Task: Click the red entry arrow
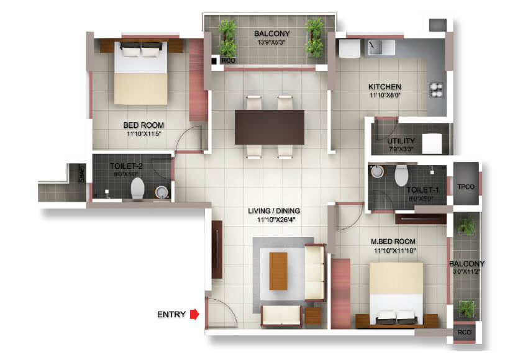(x=194, y=314)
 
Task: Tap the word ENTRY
(x=171, y=315)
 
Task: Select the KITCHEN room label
(x=385, y=87)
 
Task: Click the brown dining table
(x=270, y=127)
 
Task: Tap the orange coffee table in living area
(x=278, y=271)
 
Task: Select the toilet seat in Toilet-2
(x=138, y=187)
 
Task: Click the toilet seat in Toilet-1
(x=401, y=174)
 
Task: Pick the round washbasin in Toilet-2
(x=162, y=193)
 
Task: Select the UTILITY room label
(x=401, y=141)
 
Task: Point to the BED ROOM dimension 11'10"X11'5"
(x=143, y=133)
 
